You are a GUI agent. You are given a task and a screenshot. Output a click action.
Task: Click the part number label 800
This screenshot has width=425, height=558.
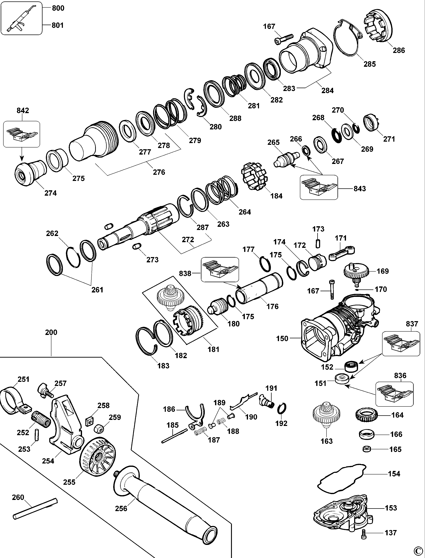(58, 8)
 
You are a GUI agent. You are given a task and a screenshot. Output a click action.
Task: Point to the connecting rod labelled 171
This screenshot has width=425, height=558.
(342, 253)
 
